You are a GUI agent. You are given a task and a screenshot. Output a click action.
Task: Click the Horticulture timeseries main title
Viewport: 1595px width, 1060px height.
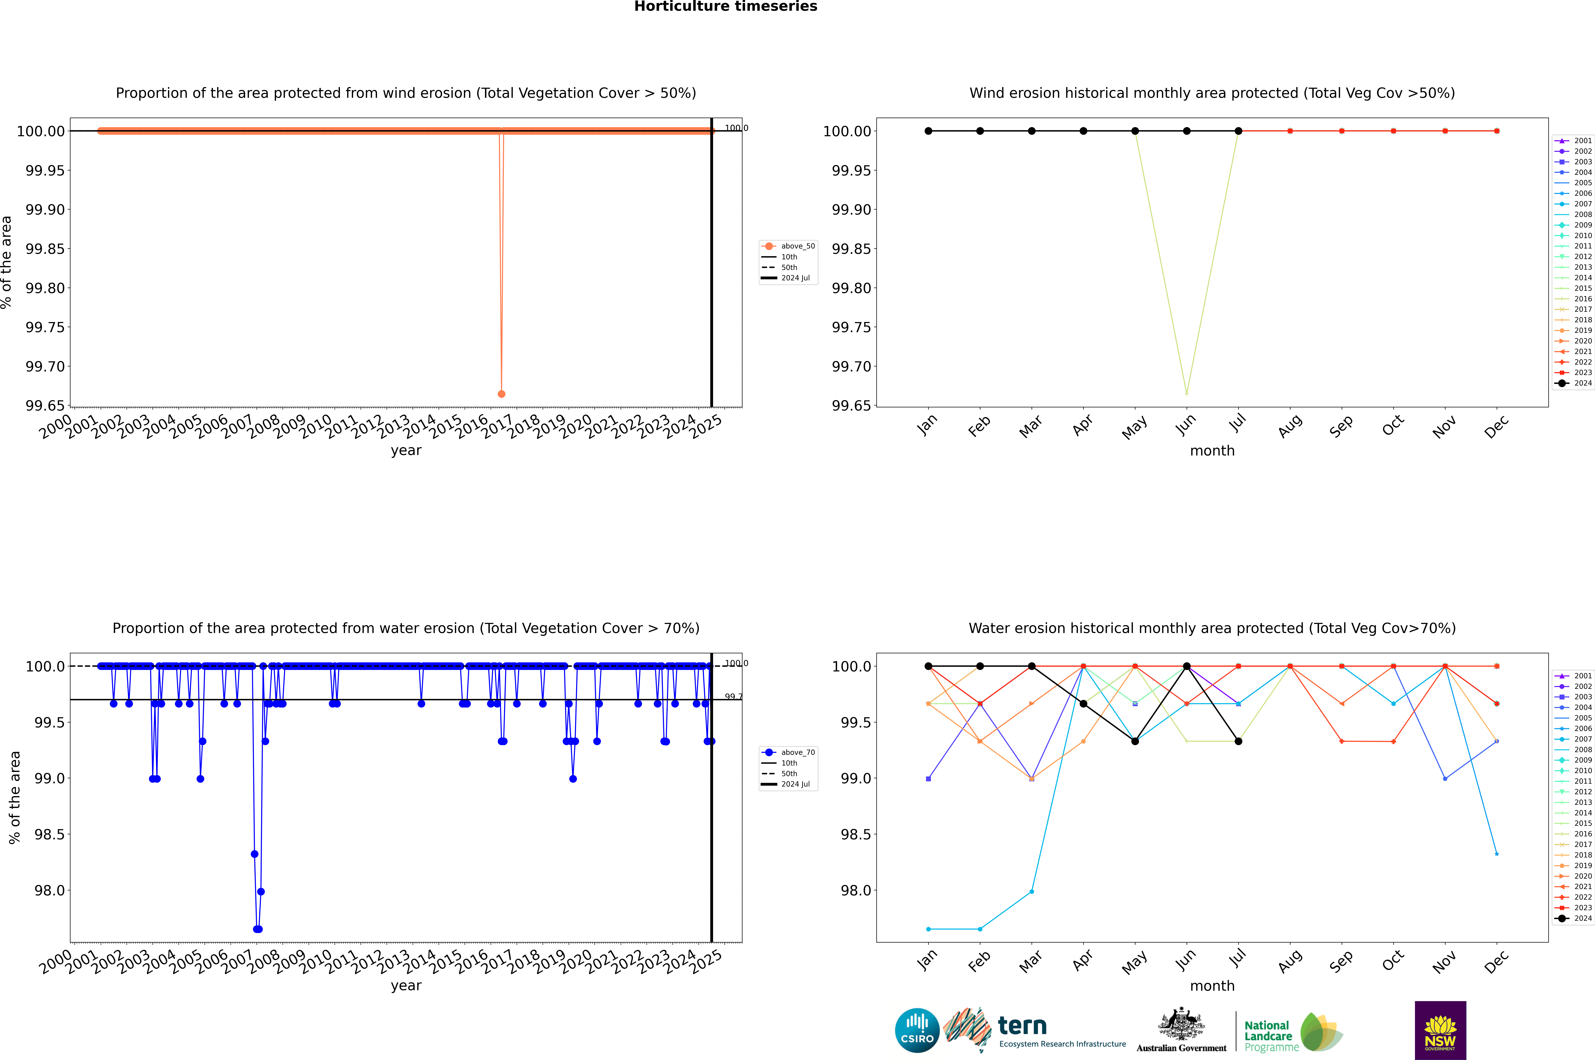pyautogui.click(x=726, y=7)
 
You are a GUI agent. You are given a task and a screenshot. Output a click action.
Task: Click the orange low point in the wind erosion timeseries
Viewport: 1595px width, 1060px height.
pyautogui.click(x=501, y=393)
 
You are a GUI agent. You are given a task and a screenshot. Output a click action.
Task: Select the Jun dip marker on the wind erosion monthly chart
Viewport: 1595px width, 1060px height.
pyautogui.click(x=1187, y=393)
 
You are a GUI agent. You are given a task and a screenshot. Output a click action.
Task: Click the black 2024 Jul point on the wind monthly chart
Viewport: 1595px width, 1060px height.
pyautogui.click(x=1238, y=131)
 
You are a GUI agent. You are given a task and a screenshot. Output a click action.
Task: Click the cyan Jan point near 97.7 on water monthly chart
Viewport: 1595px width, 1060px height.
pyautogui.click(x=928, y=929)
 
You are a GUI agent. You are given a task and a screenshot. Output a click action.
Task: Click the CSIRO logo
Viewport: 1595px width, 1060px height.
pyautogui.click(x=917, y=1030)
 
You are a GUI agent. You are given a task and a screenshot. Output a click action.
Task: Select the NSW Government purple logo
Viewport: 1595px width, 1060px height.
pyautogui.click(x=1440, y=1030)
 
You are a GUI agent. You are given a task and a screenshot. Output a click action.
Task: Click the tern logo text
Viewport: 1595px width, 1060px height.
pyautogui.click(x=1022, y=1026)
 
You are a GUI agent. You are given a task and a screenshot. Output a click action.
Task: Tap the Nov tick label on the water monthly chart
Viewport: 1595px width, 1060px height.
pyautogui.click(x=1444, y=961)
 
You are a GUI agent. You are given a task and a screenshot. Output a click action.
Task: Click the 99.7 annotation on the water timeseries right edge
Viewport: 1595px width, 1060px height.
pyautogui.click(x=733, y=696)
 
